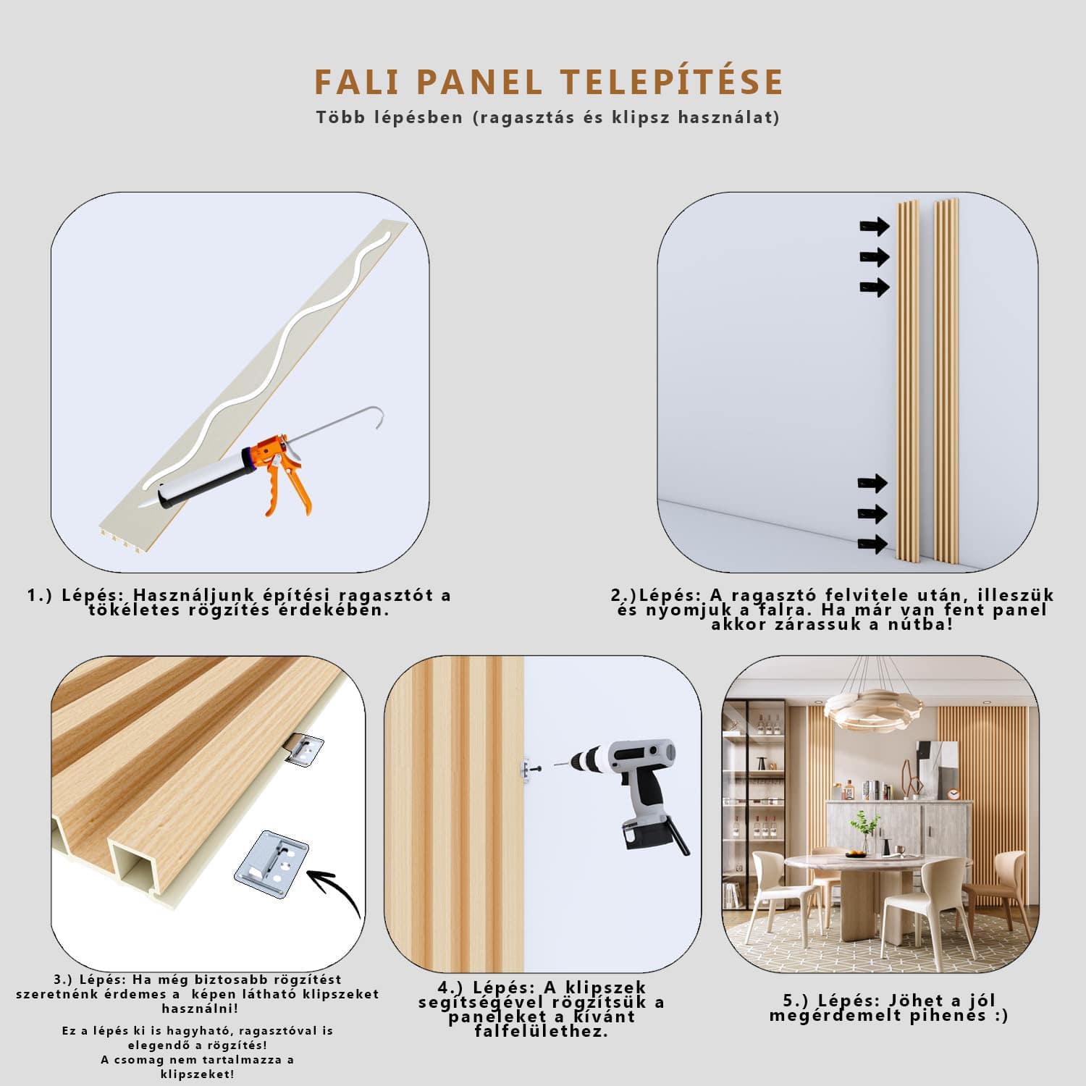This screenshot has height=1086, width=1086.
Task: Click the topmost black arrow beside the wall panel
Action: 874,227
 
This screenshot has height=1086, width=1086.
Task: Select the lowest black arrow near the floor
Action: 872,544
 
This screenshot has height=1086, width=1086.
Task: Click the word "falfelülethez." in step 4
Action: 542,1031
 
